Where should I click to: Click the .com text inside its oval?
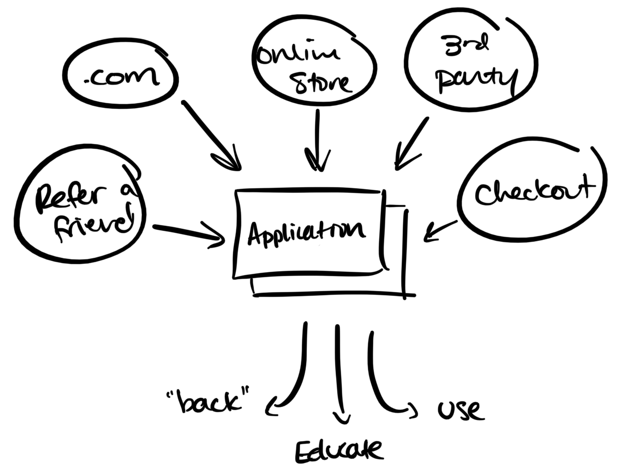click(x=122, y=78)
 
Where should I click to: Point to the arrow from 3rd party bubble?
click(x=411, y=142)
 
